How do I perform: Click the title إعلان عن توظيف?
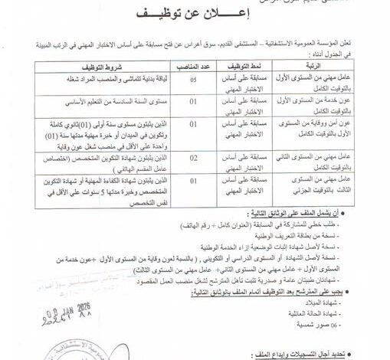coord(195,14)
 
